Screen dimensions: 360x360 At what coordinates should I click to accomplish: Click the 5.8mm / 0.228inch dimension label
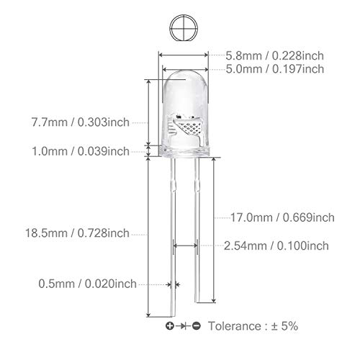point(274,55)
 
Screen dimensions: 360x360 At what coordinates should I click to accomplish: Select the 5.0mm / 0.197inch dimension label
point(275,69)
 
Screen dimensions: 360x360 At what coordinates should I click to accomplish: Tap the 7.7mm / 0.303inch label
point(81,122)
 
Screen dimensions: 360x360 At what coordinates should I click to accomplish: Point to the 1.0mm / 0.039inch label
point(81,151)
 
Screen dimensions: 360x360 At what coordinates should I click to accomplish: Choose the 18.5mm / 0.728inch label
point(77,233)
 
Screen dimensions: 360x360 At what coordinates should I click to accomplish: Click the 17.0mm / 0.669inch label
point(282,217)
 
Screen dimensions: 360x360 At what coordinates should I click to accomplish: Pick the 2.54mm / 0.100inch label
point(276,246)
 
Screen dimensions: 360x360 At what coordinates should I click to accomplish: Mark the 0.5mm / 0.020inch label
point(87,284)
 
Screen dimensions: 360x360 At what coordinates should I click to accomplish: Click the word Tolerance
point(235,326)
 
